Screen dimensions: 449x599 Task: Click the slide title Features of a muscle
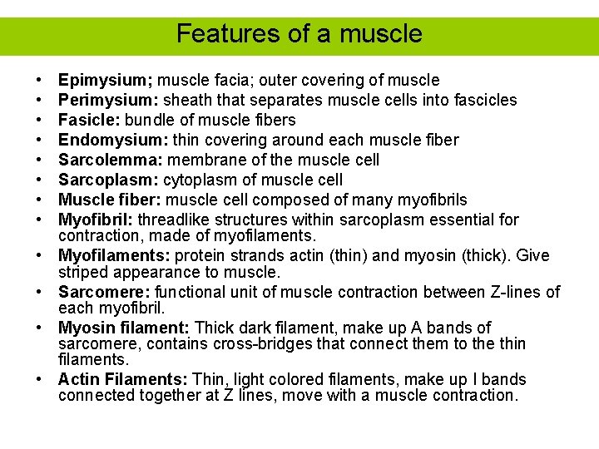point(299,34)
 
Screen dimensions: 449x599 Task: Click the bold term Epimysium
point(105,81)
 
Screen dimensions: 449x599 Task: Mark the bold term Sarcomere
point(104,292)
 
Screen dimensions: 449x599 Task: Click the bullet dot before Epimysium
point(40,81)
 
